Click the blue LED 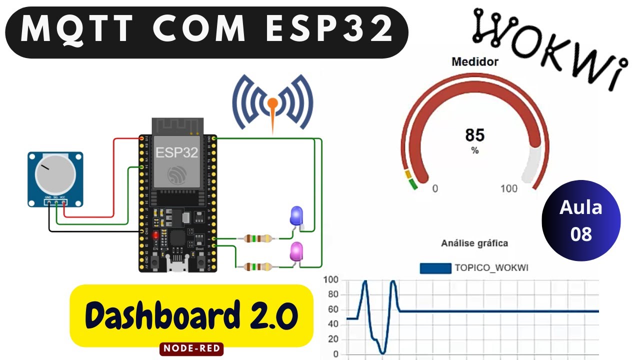click(x=296, y=216)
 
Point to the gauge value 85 click(x=474, y=135)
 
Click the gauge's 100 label click(x=509, y=188)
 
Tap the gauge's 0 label click(x=435, y=188)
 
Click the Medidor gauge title click(x=474, y=62)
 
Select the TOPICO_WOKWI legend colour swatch click(x=435, y=268)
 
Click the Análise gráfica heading click(x=474, y=243)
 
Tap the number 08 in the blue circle click(x=581, y=234)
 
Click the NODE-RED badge click(x=191, y=348)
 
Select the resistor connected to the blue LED click(x=258, y=238)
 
